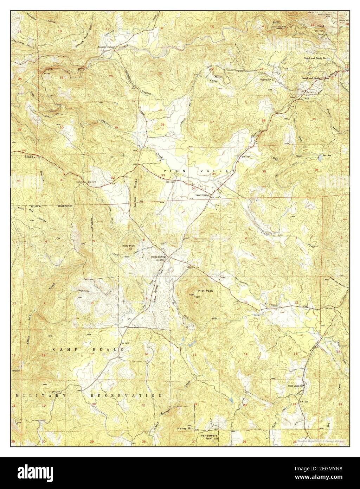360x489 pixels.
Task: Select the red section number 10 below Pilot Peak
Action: tap(196, 303)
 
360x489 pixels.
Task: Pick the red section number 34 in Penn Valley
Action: tap(214, 173)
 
